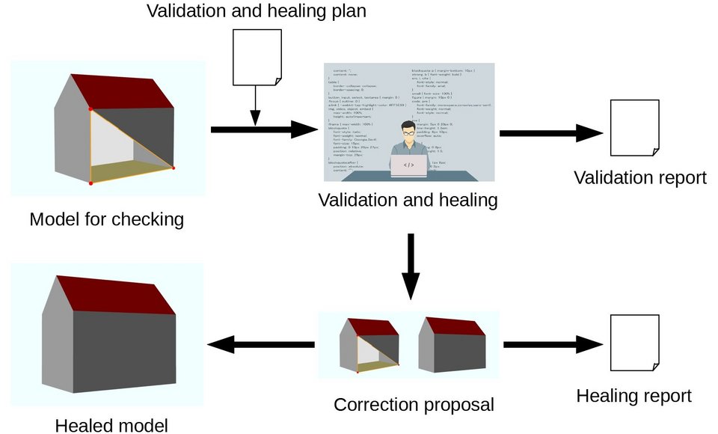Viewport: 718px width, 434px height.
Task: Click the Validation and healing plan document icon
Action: [x=257, y=57]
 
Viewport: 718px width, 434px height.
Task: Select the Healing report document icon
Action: [x=635, y=341]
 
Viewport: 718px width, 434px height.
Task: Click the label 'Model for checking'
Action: [x=106, y=220]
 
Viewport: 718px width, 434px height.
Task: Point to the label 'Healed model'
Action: [x=111, y=425]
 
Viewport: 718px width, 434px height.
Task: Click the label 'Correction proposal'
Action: [x=414, y=405]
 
